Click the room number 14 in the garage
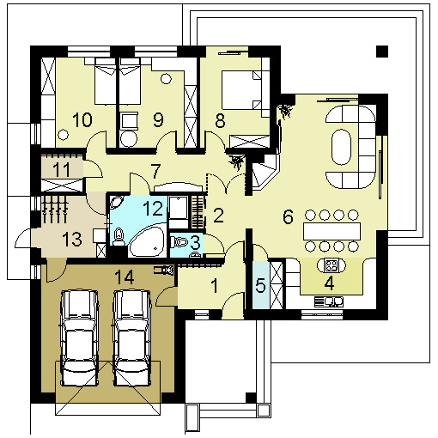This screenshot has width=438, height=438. point(125,277)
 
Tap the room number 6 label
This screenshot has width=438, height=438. point(288,216)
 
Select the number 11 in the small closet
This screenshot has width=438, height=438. point(62,169)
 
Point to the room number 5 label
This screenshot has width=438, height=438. point(260,285)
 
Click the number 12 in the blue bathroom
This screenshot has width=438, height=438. point(153,208)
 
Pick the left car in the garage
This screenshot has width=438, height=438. point(79,338)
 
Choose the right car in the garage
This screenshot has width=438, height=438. point(132,338)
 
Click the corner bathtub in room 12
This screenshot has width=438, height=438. point(148,240)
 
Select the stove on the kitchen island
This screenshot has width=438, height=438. point(332,265)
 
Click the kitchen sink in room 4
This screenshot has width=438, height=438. point(329,301)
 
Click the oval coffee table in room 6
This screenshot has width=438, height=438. point(341,147)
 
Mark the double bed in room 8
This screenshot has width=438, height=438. point(241,90)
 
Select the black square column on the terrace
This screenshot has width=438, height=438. point(382,52)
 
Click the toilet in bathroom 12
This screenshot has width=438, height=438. point(118,237)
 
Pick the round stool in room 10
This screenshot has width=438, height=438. point(63,134)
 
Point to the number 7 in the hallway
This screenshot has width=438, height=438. point(155,171)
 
